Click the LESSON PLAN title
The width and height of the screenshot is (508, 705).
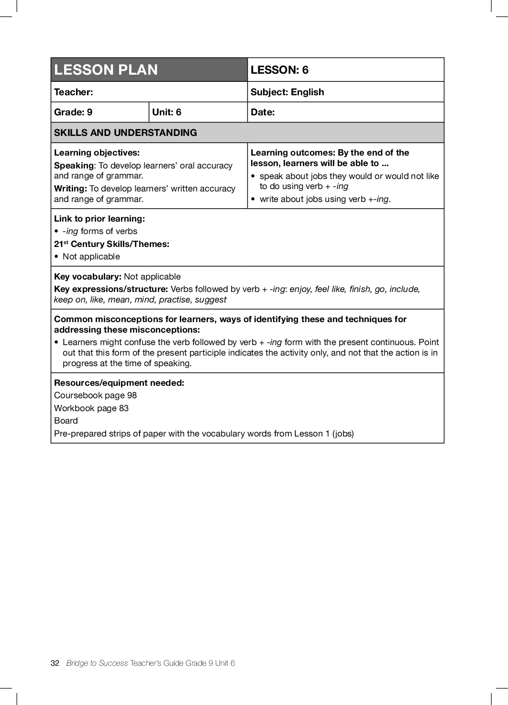106,70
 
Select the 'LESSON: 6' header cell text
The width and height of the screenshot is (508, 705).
279,70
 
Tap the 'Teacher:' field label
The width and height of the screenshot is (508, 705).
74,92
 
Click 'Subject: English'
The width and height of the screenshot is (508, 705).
287,92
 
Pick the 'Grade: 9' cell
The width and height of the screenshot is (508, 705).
73,112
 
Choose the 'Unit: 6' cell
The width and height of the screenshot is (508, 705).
166,112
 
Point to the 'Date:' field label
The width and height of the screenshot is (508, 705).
263,112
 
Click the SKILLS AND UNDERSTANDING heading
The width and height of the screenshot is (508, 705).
125,133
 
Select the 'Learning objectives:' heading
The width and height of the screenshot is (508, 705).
97,153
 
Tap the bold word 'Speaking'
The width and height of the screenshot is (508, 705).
74,166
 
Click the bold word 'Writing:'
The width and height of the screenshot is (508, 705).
70,189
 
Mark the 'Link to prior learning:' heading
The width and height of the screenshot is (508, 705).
99,219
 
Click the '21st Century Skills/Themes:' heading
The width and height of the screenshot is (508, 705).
111,244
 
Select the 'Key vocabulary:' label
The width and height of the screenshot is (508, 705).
88,277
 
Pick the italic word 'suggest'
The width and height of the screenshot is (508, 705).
210,300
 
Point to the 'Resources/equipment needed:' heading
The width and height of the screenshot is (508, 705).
119,383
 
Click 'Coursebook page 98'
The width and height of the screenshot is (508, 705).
95,395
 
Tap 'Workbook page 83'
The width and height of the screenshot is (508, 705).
91,408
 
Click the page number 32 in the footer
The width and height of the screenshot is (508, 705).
55,663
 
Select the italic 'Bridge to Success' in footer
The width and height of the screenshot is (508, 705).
97,663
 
